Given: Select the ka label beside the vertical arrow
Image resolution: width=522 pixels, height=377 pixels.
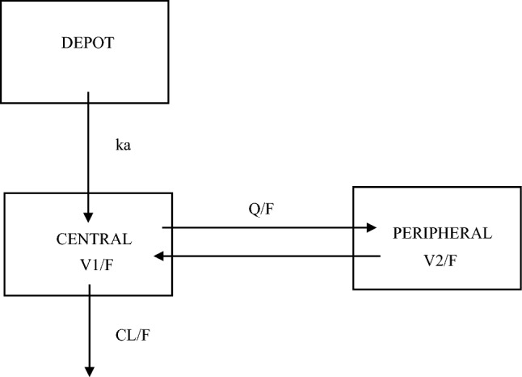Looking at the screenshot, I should [x=124, y=146].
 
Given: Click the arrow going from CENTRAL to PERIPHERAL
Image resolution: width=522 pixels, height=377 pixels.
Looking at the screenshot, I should [x=267, y=228].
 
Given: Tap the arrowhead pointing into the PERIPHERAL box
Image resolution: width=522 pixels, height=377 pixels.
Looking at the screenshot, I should [x=372, y=228].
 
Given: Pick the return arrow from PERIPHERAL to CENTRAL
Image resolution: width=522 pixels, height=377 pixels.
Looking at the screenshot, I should [x=267, y=256].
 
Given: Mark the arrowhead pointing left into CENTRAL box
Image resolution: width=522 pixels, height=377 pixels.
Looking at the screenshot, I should [x=161, y=256].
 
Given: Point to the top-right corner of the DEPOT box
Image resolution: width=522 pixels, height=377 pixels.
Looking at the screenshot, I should [x=169, y=2].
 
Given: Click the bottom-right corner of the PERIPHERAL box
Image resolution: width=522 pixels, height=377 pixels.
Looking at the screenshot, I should [x=520, y=288].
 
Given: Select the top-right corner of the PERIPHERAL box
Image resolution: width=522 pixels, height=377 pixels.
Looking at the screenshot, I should [x=520, y=188].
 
